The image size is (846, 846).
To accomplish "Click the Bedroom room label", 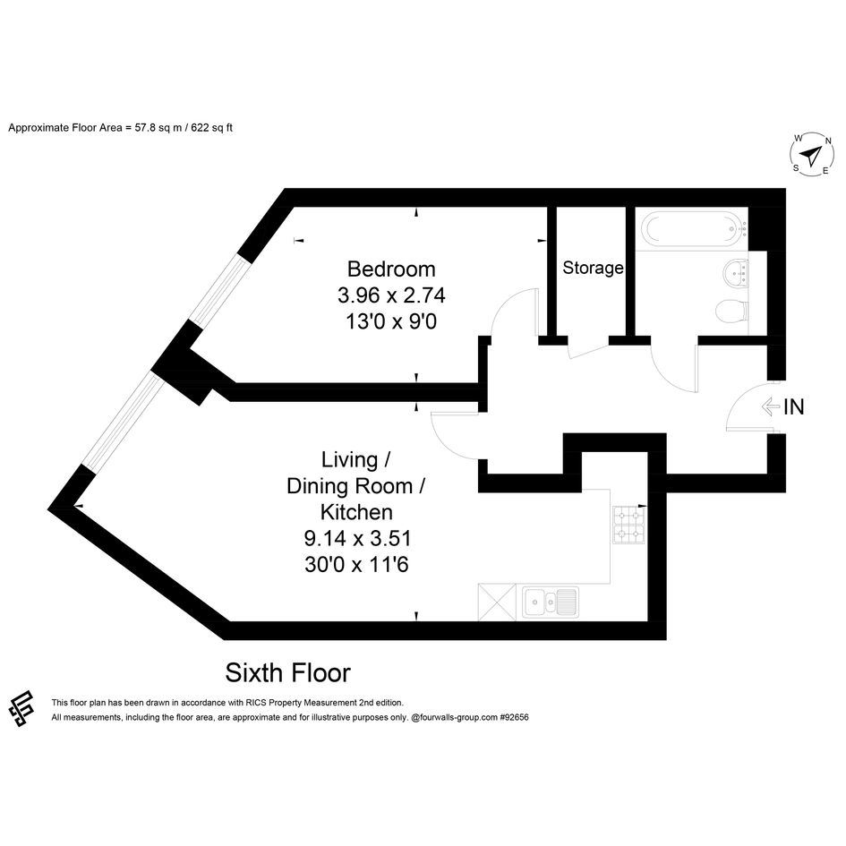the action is [391, 269].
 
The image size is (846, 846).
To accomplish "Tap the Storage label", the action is [593, 268].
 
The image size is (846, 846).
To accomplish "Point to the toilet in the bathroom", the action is [732, 311].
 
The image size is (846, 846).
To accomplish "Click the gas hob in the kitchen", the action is [628, 525].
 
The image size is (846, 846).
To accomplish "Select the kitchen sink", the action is [551, 602].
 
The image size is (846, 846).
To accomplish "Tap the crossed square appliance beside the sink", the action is [497, 602].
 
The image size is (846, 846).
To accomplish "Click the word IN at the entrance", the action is [794, 406].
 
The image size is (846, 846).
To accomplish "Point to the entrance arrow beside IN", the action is [771, 406].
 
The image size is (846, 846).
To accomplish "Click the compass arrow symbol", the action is [810, 156].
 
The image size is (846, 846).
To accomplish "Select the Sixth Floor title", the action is [287, 673].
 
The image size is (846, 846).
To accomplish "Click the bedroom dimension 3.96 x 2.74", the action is [391, 295].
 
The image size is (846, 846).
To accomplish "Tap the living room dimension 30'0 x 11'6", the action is [356, 564].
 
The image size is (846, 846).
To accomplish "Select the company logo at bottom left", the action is [21, 708].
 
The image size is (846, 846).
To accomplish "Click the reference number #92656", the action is [514, 718].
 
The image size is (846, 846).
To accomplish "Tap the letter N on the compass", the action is [828, 141].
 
